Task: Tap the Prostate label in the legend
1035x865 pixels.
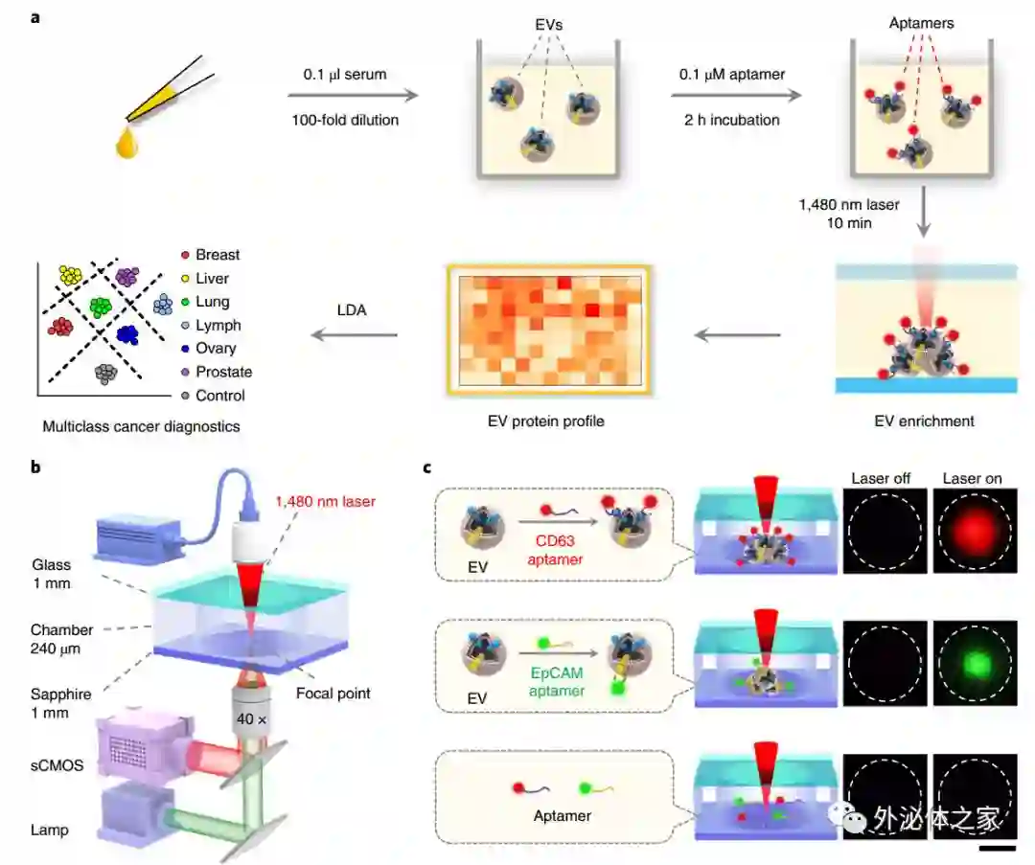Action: (x=223, y=372)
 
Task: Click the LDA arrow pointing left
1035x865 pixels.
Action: (x=354, y=335)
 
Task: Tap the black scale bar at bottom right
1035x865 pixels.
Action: (x=997, y=847)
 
